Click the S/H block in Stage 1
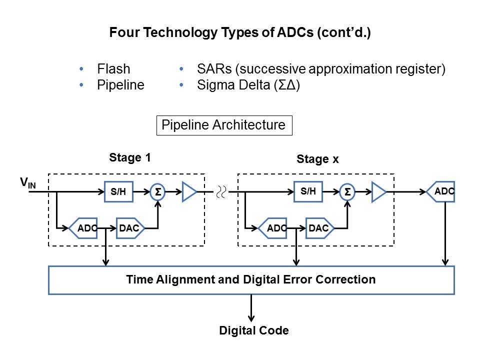(119, 191)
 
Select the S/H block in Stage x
(308, 191)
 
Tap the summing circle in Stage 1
(157, 191)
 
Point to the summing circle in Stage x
(347, 192)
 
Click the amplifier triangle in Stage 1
(189, 191)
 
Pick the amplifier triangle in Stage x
(378, 192)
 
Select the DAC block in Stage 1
(130, 228)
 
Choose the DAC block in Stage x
(319, 228)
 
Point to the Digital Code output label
(254, 330)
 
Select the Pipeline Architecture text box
(224, 125)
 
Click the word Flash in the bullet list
(113, 69)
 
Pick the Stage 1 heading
(130, 157)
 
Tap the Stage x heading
(317, 159)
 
